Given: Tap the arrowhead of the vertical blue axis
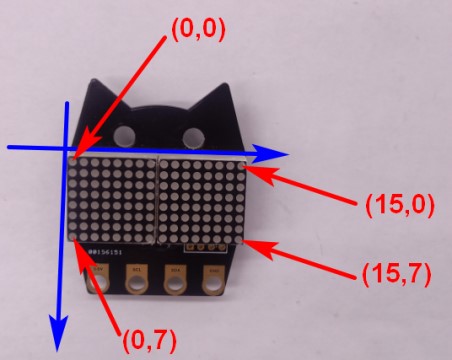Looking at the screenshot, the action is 58,333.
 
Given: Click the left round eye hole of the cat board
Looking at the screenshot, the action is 124,136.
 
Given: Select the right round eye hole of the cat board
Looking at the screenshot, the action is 193,138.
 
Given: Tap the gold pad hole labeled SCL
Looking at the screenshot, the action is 136,286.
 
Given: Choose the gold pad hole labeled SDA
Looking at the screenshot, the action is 174,286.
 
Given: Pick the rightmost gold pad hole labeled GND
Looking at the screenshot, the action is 213,286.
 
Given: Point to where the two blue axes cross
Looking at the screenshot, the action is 66,147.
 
